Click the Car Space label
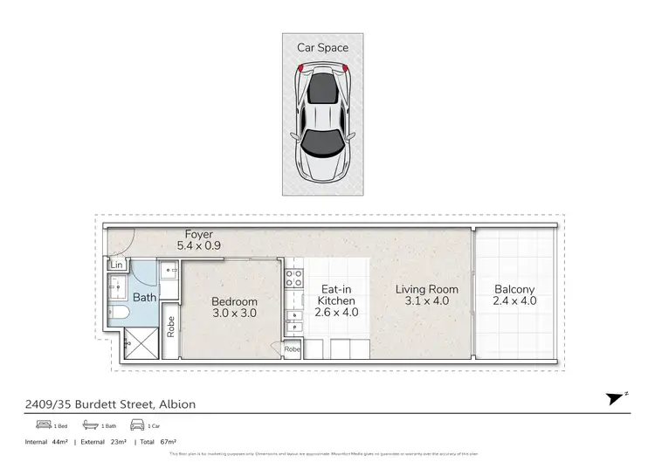click(x=321, y=47)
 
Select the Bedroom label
click(x=235, y=307)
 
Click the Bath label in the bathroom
click(x=144, y=298)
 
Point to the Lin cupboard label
click(x=115, y=265)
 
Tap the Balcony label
click(x=514, y=295)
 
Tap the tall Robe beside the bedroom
click(x=171, y=326)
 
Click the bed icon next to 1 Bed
click(x=44, y=425)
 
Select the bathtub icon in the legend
click(x=91, y=425)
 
